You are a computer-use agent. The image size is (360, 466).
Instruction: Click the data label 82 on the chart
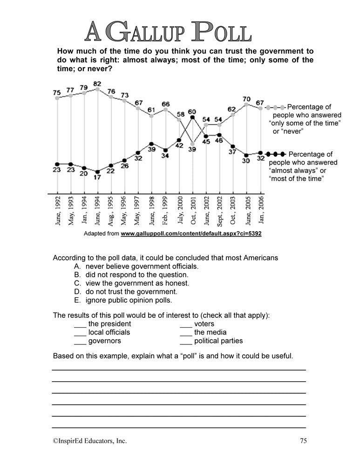pyautogui.click(x=97, y=84)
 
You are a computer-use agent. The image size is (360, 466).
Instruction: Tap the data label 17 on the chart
pyautogui.click(x=97, y=178)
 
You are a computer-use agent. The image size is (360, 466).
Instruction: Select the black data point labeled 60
pyautogui.click(x=192, y=118)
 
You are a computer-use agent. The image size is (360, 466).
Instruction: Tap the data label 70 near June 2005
pyautogui.click(x=247, y=99)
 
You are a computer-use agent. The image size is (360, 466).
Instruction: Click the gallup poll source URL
pyautogui.click(x=190, y=233)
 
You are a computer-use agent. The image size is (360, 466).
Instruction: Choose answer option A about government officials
pyautogui.click(x=136, y=267)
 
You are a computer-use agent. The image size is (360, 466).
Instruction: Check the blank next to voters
pyautogui.click(x=186, y=324)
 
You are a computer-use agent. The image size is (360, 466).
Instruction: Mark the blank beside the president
pyautogui.click(x=80, y=324)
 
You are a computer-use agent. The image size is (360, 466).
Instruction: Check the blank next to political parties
pyautogui.click(x=186, y=341)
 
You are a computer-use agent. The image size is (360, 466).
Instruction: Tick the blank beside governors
pyautogui.click(x=80, y=341)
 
